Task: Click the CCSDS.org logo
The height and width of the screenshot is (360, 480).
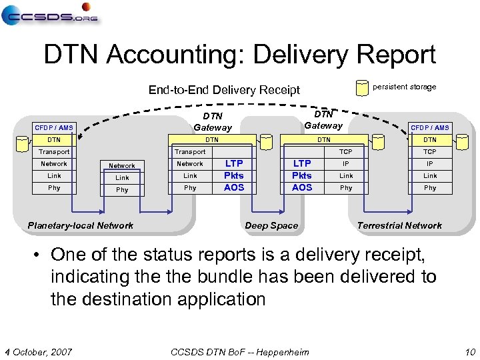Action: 50,15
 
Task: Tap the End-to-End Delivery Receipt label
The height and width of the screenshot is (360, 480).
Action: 224,89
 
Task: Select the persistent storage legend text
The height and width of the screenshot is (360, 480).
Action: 404,87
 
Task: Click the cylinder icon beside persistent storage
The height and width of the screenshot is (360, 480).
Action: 362,87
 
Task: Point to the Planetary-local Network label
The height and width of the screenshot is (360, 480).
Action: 81,225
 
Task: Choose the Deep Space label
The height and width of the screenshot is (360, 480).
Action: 271,225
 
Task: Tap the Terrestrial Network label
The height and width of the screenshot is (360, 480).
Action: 399,225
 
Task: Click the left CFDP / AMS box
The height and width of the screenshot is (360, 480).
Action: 55,127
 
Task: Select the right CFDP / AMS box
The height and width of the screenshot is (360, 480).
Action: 430,127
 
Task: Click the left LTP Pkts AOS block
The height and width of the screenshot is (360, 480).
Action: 234,175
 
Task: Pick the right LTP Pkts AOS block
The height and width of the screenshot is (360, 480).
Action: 302,175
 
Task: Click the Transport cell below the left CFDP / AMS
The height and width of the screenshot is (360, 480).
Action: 54,152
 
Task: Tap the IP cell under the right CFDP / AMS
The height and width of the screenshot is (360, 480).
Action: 430,163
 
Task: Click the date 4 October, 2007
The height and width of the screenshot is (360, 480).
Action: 39,352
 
